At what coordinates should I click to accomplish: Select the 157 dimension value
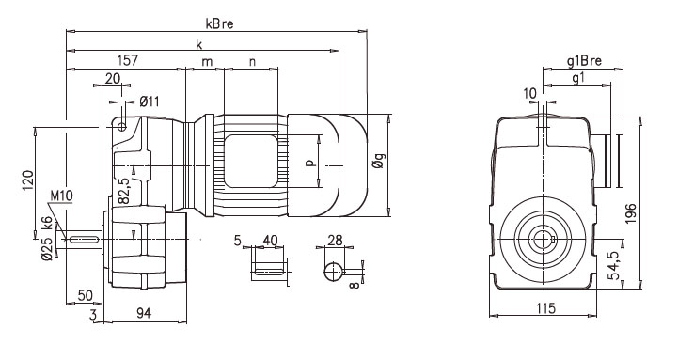128,60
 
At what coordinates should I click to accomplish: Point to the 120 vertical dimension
28,180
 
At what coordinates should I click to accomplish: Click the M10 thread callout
62,196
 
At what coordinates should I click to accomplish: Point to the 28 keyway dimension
336,242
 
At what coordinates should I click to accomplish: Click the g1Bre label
583,60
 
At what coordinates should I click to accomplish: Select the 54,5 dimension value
613,266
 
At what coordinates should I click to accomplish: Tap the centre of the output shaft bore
542,239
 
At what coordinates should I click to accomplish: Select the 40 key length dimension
269,242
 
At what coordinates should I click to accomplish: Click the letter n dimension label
251,61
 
